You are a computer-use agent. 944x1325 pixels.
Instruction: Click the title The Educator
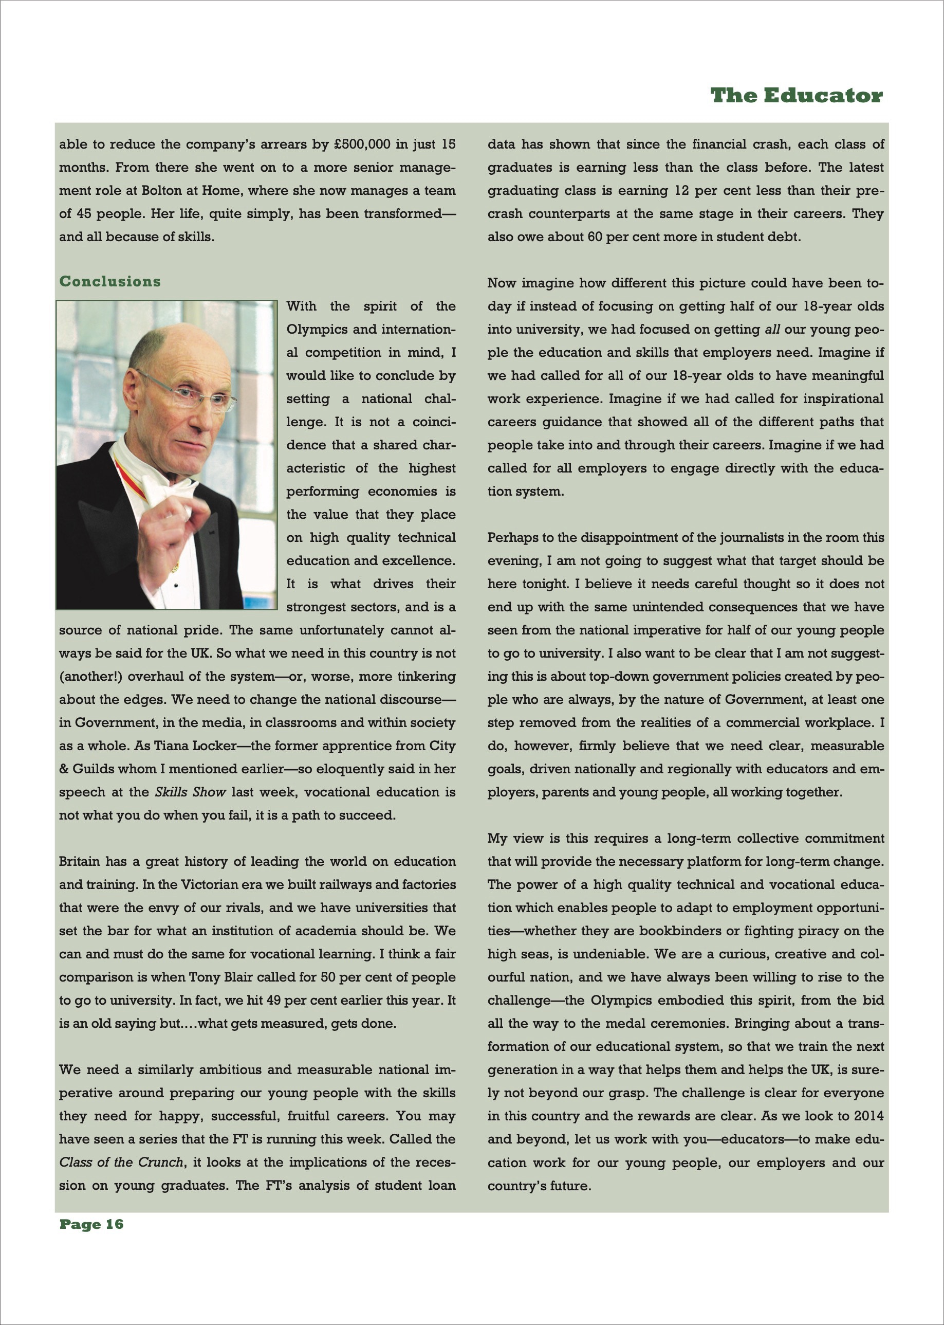[796, 96]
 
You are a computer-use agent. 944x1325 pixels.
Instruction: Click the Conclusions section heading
[110, 282]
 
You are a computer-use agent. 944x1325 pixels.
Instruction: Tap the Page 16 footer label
[91, 1224]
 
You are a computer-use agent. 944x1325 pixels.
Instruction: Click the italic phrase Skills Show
[190, 792]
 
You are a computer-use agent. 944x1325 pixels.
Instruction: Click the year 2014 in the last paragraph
[868, 1116]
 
